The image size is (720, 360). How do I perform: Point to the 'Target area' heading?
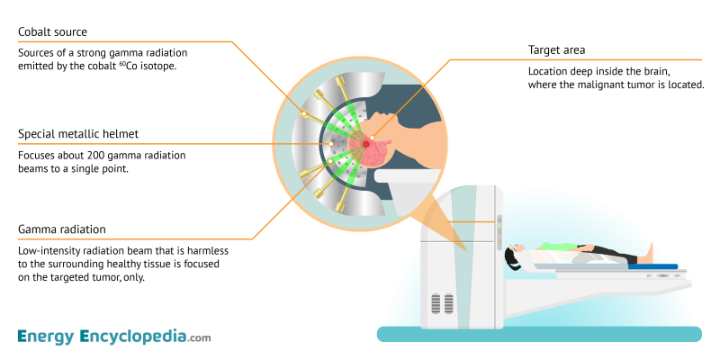[x=559, y=50]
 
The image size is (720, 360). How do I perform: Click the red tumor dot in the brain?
[x=366, y=142]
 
